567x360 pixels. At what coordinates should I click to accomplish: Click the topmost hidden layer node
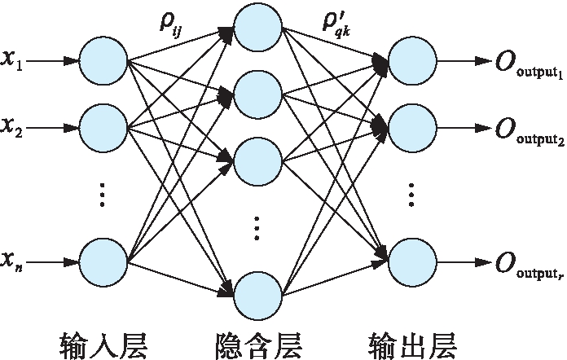257,29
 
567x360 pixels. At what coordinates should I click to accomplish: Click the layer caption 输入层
103,340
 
